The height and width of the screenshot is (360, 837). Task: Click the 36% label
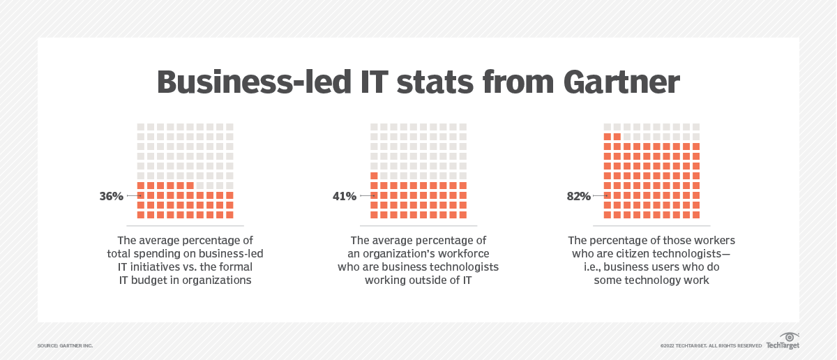click(111, 197)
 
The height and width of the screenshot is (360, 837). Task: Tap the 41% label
click(344, 197)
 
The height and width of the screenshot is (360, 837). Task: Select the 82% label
click(578, 197)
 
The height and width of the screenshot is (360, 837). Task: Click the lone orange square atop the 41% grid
click(375, 176)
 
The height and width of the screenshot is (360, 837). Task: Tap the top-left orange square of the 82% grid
click(608, 137)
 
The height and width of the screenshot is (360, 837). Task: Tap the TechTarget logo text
click(782, 345)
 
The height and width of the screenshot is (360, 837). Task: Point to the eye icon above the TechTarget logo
click(790, 336)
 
